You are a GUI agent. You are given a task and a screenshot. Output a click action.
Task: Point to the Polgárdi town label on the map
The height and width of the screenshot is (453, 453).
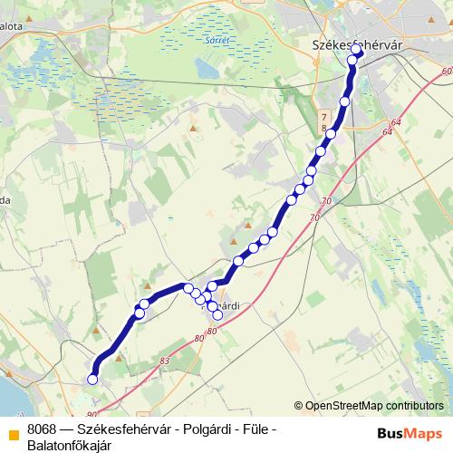[220, 305]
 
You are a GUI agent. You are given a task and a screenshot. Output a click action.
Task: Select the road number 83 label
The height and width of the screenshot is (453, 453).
[164, 361]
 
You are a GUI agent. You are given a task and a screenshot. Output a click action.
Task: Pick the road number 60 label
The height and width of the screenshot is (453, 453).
[446, 71]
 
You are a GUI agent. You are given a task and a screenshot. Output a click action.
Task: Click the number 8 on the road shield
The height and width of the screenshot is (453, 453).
[323, 130]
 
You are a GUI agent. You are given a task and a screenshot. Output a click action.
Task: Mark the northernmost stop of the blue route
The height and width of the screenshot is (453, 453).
[357, 52]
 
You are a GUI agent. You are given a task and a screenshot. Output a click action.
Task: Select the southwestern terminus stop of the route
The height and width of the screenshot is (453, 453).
[92, 380]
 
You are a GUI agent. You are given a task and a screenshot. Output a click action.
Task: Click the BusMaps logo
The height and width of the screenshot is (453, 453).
[410, 432]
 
